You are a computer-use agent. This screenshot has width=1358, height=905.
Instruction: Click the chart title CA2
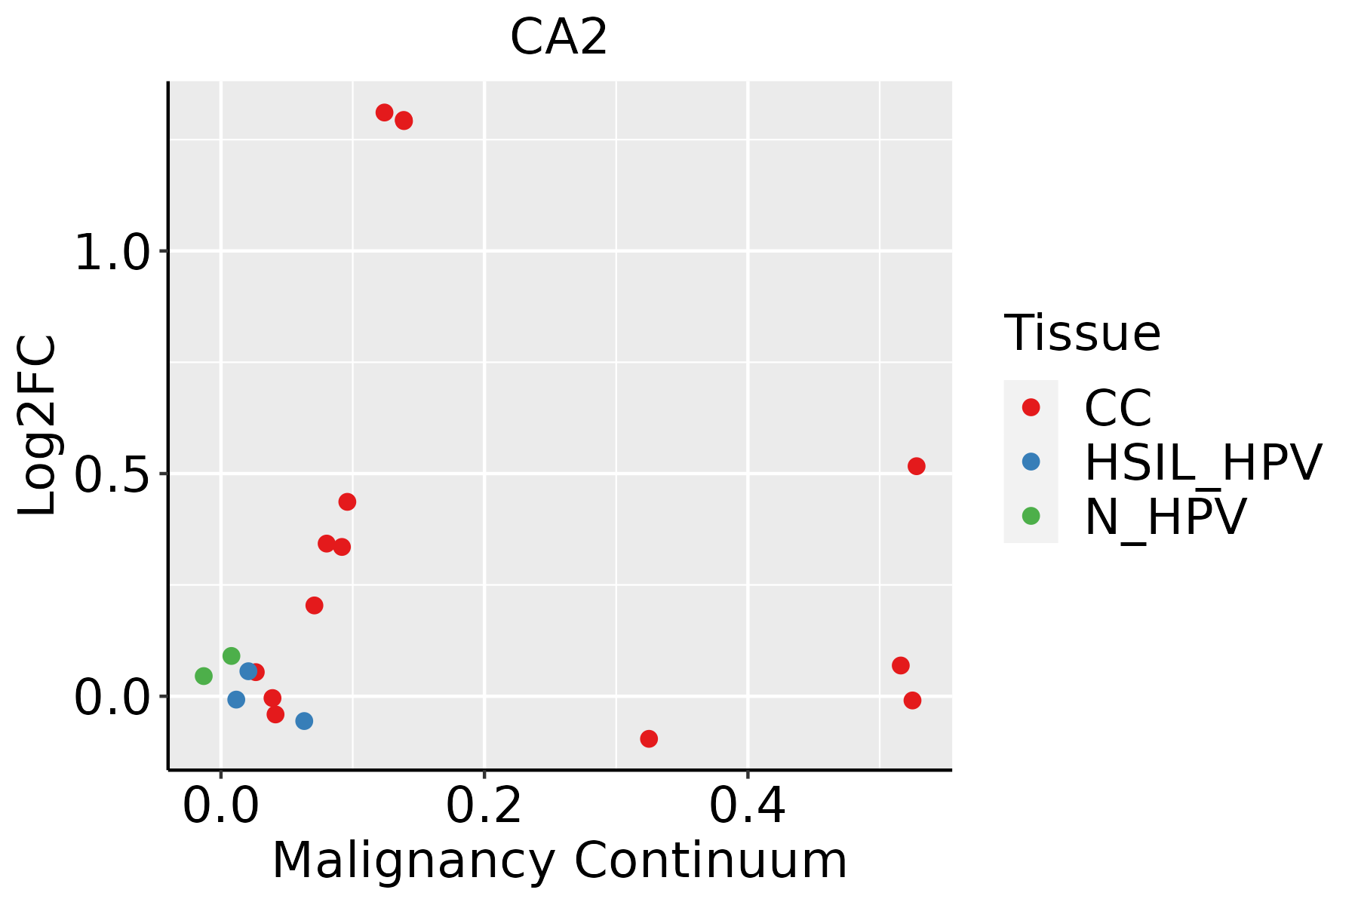[x=558, y=38]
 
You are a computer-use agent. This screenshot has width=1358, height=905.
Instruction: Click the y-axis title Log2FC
[x=38, y=425]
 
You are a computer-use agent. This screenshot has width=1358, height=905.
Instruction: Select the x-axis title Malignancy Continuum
[x=559, y=861]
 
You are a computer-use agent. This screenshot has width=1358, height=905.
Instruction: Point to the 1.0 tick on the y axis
[x=113, y=253]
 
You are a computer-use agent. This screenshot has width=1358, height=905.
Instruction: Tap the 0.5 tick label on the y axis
[x=113, y=475]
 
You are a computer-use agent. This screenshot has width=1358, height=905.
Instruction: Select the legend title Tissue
[x=1082, y=333]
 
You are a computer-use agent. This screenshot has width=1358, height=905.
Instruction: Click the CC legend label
[x=1117, y=408]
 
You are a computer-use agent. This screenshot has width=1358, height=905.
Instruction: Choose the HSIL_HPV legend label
[x=1203, y=462]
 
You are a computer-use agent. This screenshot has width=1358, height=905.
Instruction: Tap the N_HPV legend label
[x=1165, y=517]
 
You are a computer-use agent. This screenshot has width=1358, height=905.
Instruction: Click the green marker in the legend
[x=1031, y=516]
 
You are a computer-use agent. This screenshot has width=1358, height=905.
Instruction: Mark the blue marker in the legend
[x=1031, y=462]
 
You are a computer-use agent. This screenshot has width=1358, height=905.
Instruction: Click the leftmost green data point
[x=204, y=676]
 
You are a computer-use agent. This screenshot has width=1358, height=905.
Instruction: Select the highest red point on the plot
[x=385, y=112]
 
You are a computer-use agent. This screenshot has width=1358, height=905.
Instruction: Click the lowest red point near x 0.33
[x=649, y=738]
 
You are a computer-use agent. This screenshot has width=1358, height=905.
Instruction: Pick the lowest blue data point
[x=304, y=721]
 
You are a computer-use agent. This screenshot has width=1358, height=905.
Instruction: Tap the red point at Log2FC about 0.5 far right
[x=917, y=466]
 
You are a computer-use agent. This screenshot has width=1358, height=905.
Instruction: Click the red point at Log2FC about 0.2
[x=315, y=605]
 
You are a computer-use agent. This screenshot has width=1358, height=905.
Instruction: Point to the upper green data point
[x=232, y=655]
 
